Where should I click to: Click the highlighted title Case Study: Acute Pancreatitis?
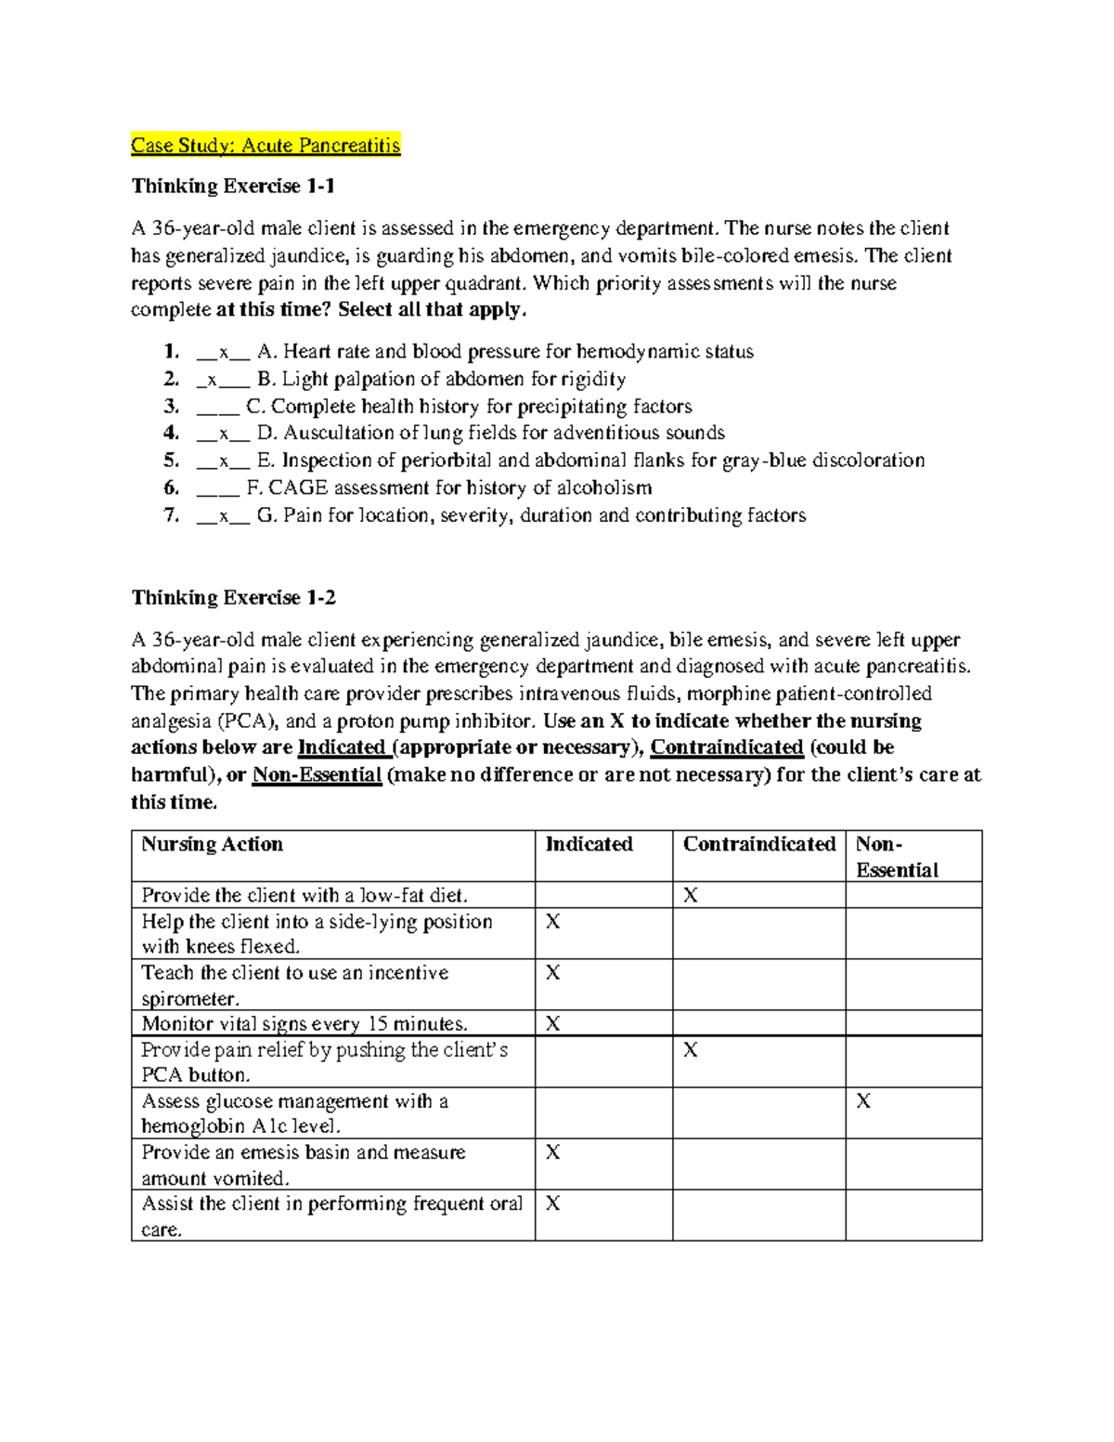266,145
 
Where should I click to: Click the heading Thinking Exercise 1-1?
233,186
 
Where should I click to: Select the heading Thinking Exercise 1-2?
233,597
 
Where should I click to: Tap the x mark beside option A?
223,352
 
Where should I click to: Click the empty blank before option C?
217,407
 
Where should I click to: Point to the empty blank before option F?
217,488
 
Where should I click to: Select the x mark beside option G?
223,515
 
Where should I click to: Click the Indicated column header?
589,844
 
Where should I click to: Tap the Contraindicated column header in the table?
758,844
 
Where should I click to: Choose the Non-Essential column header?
896,856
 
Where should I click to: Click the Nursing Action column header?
212,844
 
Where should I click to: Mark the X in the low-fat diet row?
691,895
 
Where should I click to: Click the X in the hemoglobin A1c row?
863,1101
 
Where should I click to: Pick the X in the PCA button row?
691,1050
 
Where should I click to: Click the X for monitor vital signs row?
552,1024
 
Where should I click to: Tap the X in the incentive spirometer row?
552,972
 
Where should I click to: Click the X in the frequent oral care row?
552,1203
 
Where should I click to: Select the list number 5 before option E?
171,461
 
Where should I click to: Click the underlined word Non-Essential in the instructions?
317,775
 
